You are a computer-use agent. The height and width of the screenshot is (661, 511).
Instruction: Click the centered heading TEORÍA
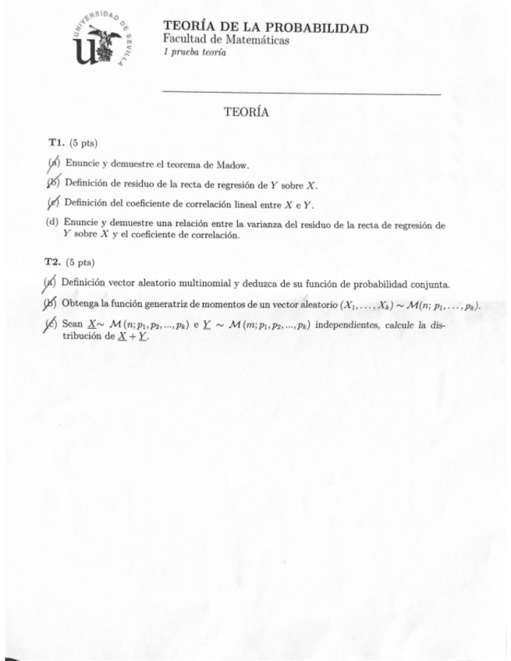[246, 112]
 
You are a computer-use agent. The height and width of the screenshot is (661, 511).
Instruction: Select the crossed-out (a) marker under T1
[53, 164]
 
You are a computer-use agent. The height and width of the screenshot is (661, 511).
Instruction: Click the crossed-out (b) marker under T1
[53, 184]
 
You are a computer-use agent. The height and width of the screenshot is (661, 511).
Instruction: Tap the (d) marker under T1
[53, 223]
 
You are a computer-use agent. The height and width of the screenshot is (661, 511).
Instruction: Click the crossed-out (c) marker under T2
[52, 325]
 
